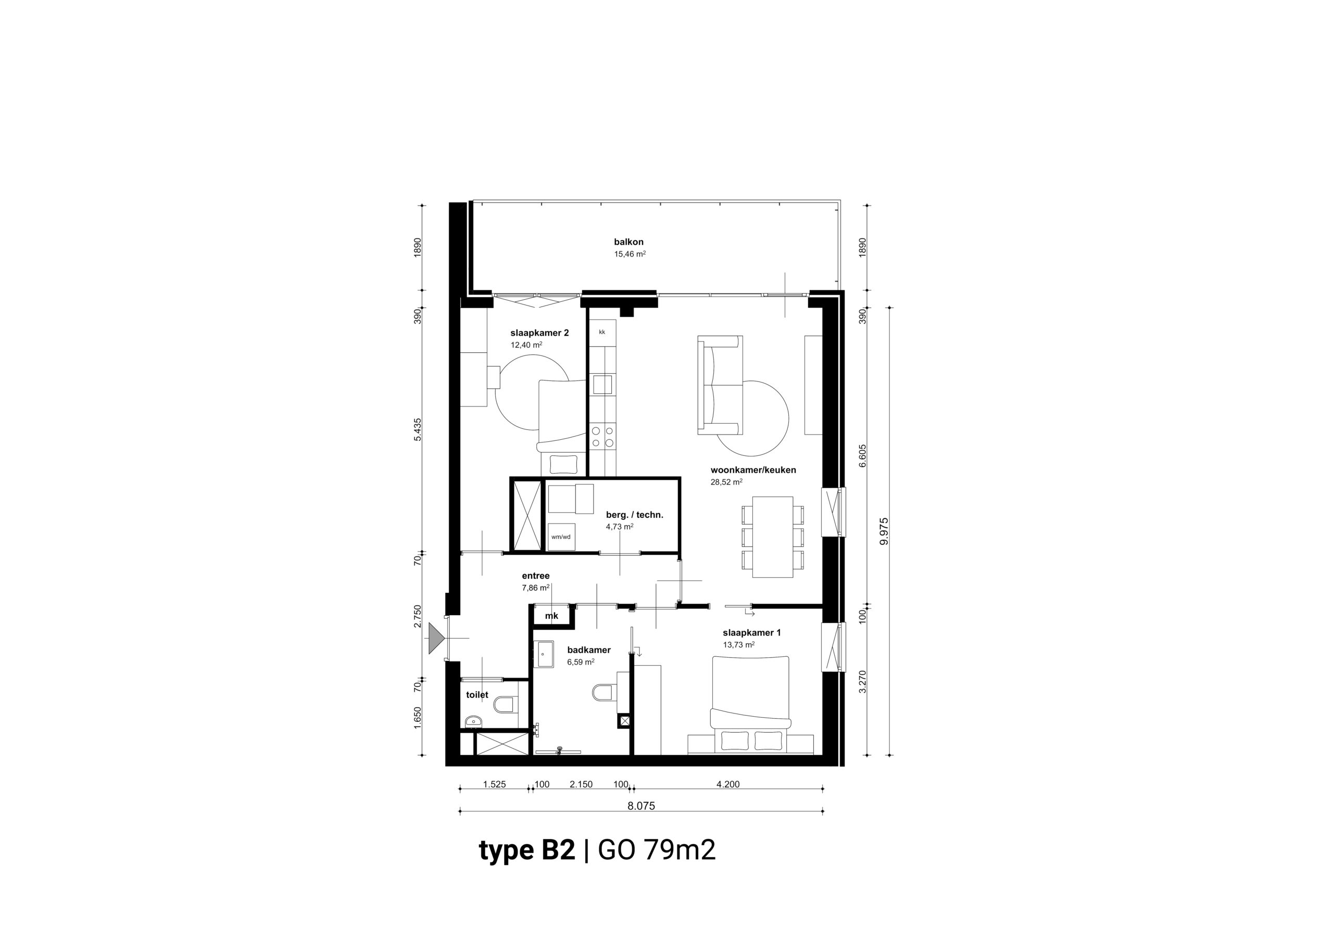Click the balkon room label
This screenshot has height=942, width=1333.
point(629,242)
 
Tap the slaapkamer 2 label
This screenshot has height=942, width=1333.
point(539,333)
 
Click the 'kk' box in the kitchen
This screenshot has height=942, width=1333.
point(602,333)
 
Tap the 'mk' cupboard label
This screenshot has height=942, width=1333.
point(551,616)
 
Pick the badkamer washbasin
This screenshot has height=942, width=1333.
point(544,654)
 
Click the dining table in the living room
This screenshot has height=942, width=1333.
point(773,537)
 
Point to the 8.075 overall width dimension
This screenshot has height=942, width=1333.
point(641,806)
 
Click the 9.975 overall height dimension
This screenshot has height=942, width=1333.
point(884,531)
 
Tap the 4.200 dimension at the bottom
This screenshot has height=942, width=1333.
point(728,784)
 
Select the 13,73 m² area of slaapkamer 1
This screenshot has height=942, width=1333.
point(738,645)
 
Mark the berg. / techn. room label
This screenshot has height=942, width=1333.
point(635,515)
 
